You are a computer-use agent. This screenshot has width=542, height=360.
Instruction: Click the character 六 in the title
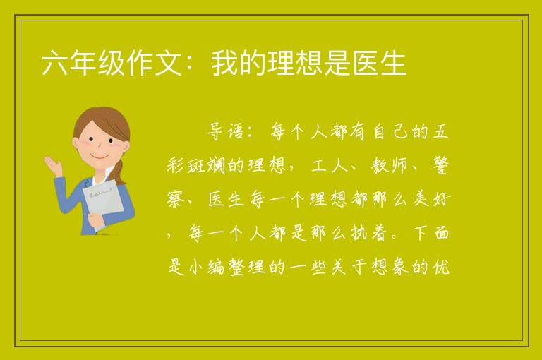point(55,63)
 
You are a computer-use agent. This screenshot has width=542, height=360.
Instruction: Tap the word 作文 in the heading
point(155,63)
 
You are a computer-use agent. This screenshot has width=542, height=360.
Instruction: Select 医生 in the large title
point(380,63)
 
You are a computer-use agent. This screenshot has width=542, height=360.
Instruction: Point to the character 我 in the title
point(224,63)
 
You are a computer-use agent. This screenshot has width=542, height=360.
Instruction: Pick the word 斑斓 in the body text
point(206,165)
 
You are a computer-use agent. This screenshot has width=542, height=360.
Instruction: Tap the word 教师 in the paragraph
point(390,165)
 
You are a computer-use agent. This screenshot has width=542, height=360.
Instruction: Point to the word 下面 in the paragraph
point(431,233)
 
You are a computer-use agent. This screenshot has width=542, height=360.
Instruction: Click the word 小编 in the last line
point(207,267)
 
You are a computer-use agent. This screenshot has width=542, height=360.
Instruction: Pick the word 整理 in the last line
point(247,267)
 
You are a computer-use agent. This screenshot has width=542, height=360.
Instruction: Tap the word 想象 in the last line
point(390,267)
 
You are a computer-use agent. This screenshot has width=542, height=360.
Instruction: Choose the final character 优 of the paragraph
point(440,267)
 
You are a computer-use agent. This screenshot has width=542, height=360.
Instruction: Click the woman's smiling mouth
point(100,157)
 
